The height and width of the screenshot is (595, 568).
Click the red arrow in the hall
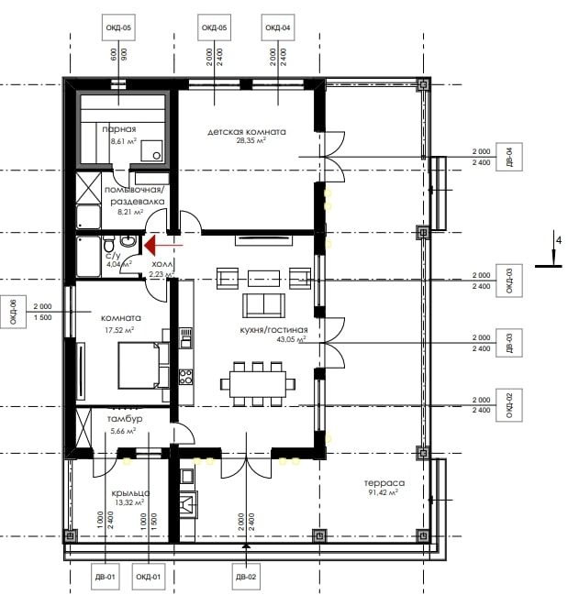tap(163, 245)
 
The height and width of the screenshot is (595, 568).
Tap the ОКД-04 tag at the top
tap(278, 28)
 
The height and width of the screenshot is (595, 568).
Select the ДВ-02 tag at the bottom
tap(246, 577)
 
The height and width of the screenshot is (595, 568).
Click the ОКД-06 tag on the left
tap(13, 312)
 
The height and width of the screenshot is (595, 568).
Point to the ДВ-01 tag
tap(106, 577)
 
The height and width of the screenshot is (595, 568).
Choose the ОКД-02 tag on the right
tap(509, 405)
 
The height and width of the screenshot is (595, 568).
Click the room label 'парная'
tap(119, 129)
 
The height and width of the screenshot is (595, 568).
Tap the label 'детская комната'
tap(247, 132)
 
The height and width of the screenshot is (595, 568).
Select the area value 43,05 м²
tap(291, 339)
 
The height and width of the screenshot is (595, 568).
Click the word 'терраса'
tap(384, 483)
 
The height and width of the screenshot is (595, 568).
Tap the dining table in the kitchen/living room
tap(258, 383)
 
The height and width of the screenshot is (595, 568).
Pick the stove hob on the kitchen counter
tap(185, 377)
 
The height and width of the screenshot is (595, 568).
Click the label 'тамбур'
tap(125, 419)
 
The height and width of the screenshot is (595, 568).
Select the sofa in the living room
tap(264, 305)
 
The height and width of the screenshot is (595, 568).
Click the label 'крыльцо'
tap(130, 493)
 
